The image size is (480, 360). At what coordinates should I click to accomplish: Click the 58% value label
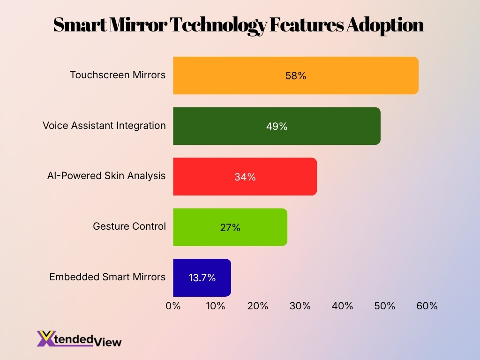pyautogui.click(x=295, y=75)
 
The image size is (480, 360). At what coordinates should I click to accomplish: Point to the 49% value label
pyautogui.click(x=277, y=126)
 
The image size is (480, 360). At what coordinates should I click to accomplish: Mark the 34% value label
pyautogui.click(x=245, y=177)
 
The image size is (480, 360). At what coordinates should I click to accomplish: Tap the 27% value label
pyautogui.click(x=230, y=227)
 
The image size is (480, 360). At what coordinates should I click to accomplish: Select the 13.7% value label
pyautogui.click(x=202, y=277)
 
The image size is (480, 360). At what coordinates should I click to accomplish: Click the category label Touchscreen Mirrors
pyautogui.click(x=118, y=75)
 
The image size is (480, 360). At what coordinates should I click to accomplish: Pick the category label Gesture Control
pyautogui.click(x=129, y=226)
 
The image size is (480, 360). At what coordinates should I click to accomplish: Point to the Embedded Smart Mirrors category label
pyautogui.click(x=107, y=277)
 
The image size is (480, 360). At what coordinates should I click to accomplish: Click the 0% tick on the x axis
pyautogui.click(x=173, y=306)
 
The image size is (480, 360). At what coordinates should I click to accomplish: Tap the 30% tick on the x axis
pyautogui.click(x=300, y=306)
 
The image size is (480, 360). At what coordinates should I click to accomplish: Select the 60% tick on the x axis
pyautogui.click(x=427, y=306)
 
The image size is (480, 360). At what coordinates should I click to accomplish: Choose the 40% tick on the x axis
pyautogui.click(x=342, y=306)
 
